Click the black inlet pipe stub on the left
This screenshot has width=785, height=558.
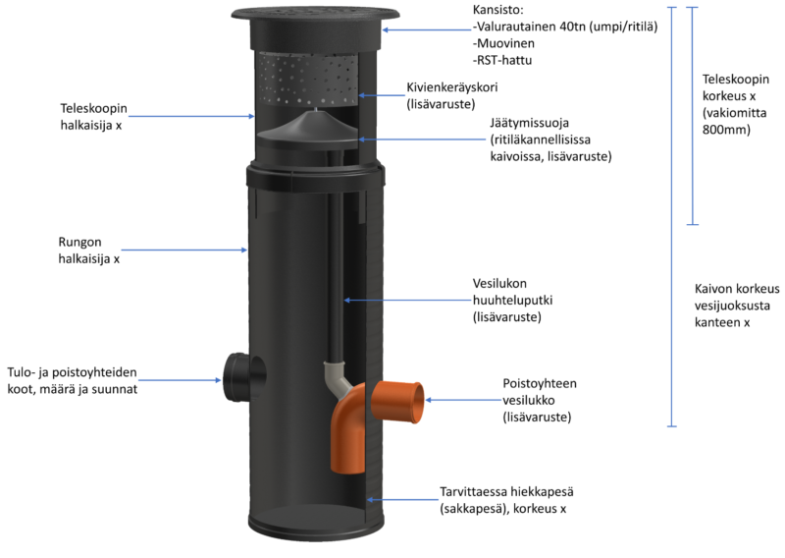click(243, 378)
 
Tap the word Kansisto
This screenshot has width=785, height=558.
click(497, 10)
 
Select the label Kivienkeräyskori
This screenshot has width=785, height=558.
click(451, 87)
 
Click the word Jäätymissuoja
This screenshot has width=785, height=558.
click(529, 123)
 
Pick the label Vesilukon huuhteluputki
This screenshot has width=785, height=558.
click(512, 292)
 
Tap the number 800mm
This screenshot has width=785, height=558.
click(726, 130)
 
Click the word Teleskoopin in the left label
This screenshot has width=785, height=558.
click(93, 109)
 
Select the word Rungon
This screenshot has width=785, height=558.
click(79, 243)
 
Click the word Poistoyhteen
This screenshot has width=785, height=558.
click(540, 383)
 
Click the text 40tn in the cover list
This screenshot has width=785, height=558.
click(573, 27)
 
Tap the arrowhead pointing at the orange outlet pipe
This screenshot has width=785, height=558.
click(429, 400)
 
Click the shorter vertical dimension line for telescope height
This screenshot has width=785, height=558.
click(692, 116)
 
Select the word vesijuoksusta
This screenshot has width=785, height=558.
click(732, 306)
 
